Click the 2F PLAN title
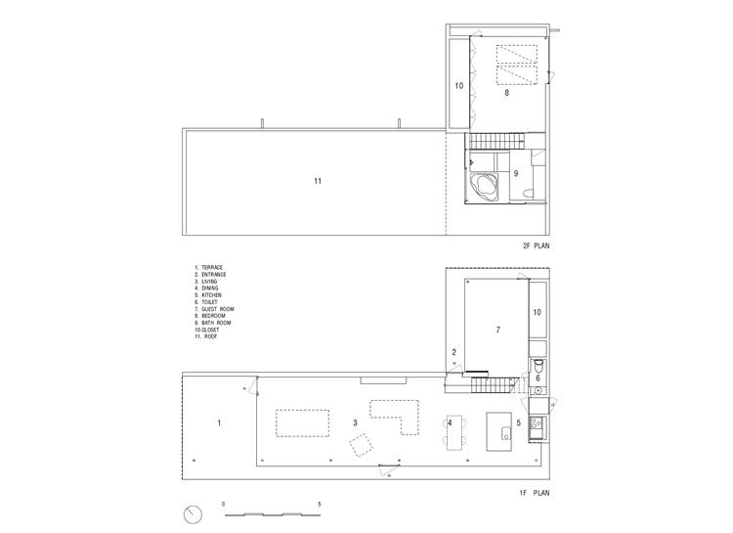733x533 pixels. click(537, 245)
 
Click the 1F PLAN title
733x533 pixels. click(535, 493)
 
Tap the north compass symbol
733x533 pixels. click(193, 514)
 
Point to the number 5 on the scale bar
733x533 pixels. click(320, 505)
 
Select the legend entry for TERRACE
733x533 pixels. click(209, 268)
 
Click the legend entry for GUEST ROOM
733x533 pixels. click(215, 309)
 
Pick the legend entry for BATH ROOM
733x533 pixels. click(213, 323)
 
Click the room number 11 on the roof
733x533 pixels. click(318, 181)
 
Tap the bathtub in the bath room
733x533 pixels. click(485, 187)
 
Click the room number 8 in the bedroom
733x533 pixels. click(506, 93)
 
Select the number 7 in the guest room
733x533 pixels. click(498, 330)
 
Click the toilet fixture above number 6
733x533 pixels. click(538, 365)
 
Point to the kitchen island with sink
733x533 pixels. click(498, 431)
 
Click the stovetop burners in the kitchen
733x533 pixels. click(537, 423)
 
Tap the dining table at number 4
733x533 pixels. click(454, 432)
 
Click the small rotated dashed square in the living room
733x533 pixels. click(362, 445)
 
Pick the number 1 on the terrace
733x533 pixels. click(219, 423)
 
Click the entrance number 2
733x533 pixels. click(453, 352)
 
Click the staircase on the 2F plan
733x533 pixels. click(496, 140)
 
